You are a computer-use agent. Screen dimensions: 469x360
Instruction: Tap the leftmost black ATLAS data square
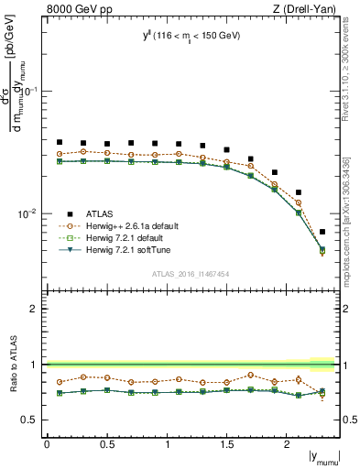point(60,142)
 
